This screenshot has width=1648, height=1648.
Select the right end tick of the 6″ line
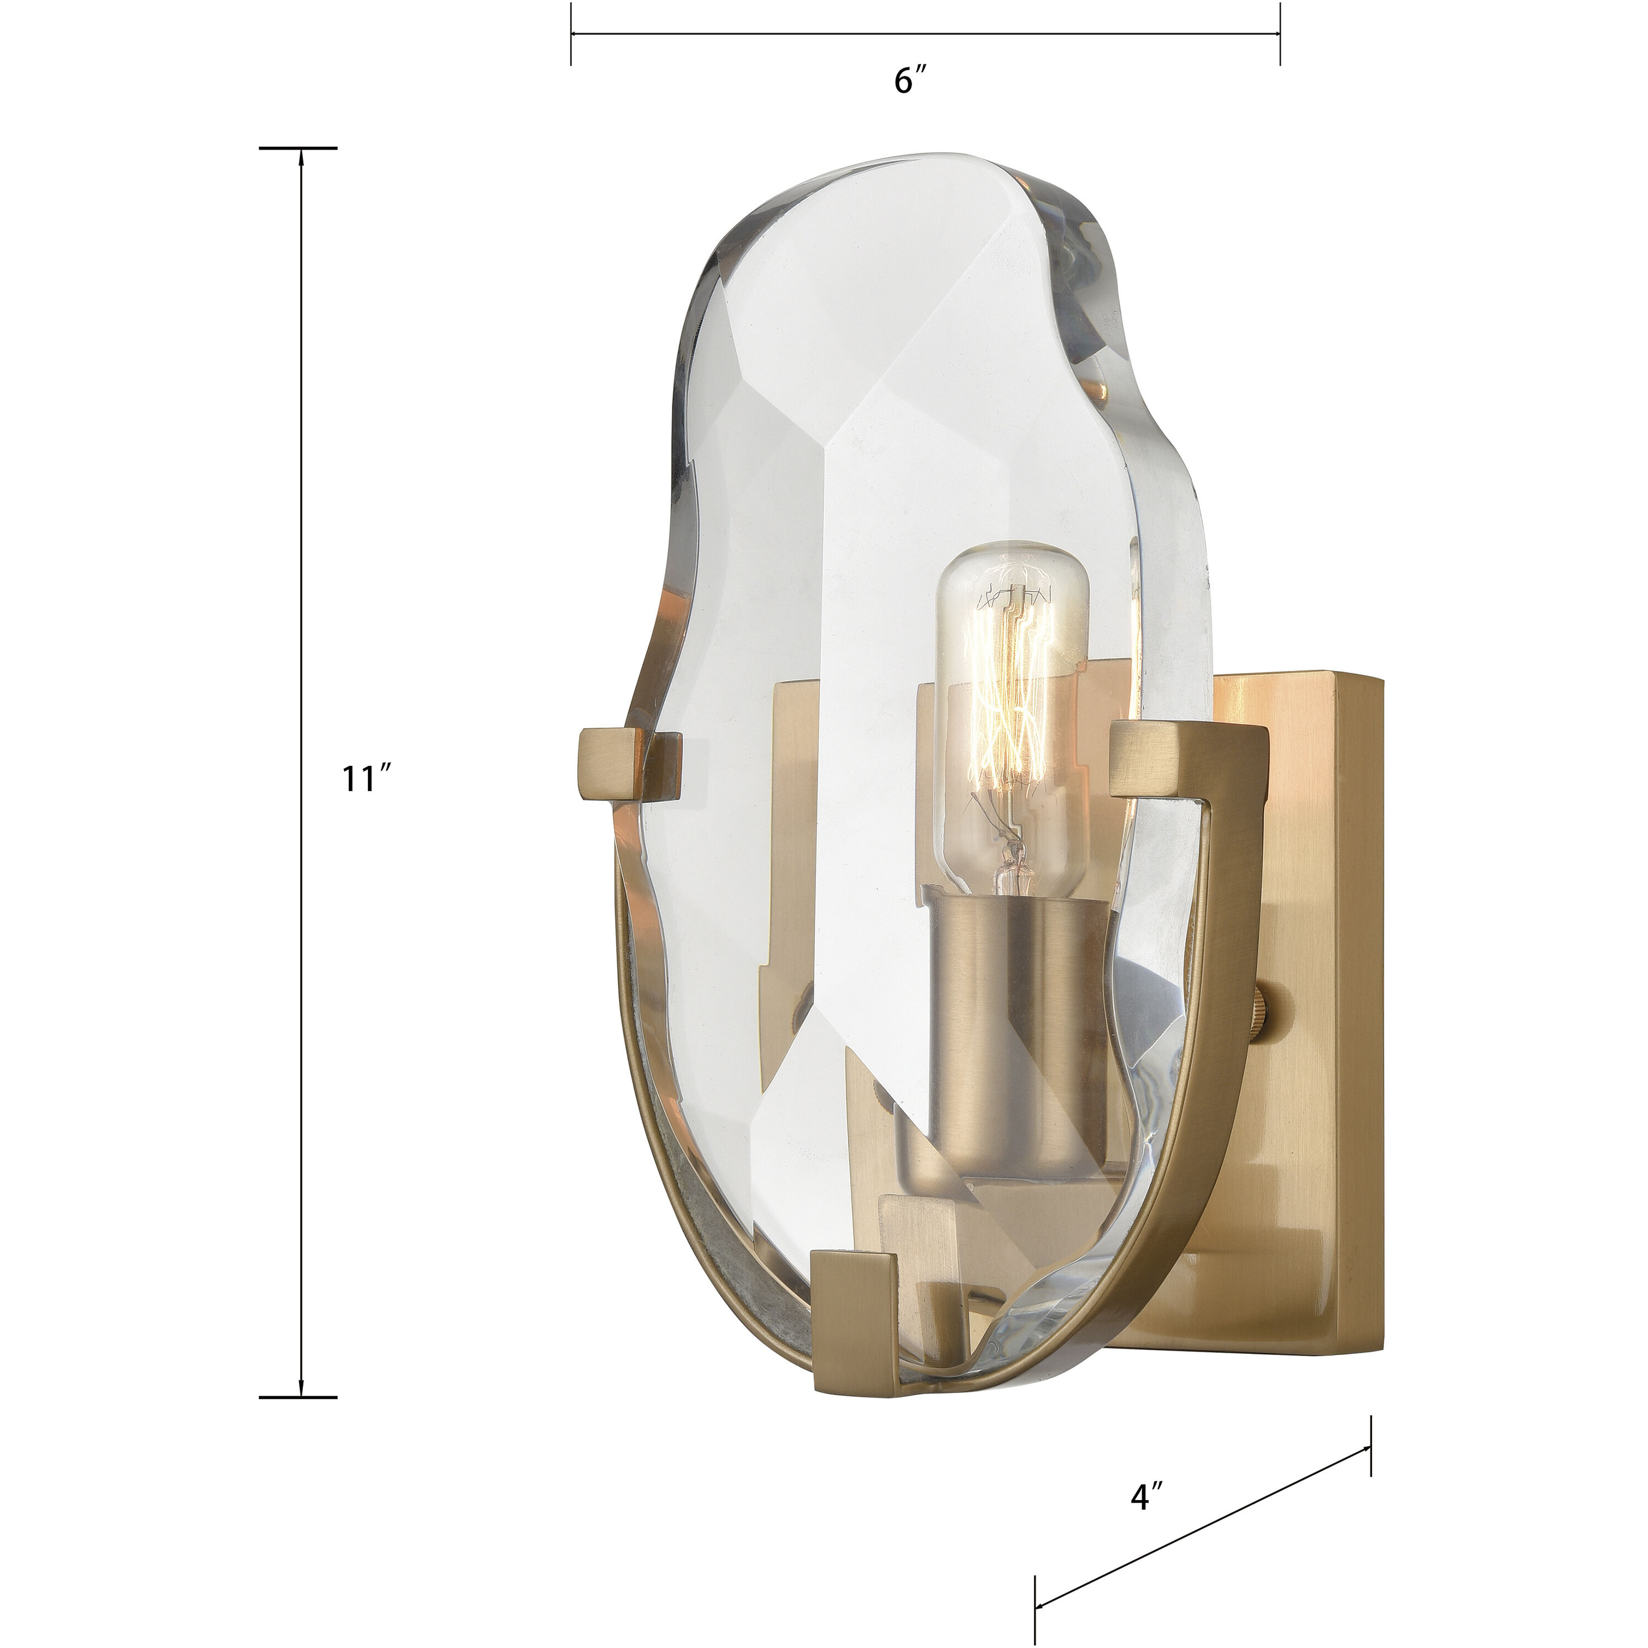click(x=1279, y=34)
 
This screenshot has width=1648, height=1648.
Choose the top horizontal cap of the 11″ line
click(x=298, y=147)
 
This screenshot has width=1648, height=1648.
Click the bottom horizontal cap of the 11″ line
click(x=298, y=1397)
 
